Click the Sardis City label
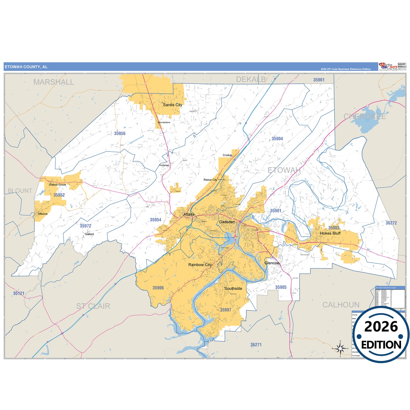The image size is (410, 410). pyautogui.click(x=173, y=105)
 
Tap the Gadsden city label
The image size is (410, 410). pyautogui.click(x=227, y=222)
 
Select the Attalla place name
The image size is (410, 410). pyautogui.click(x=189, y=215)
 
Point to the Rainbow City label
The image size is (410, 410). pyautogui.click(x=200, y=265)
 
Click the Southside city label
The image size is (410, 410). pyautogui.click(x=233, y=289)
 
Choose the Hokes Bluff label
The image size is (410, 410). pyautogui.click(x=330, y=233)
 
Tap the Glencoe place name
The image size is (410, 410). pyautogui.click(x=272, y=263)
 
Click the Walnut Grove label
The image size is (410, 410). pyautogui.click(x=57, y=185)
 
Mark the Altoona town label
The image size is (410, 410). pyautogui.click(x=43, y=214)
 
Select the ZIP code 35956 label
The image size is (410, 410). pyautogui.click(x=120, y=133)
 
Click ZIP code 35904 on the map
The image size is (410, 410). pyautogui.click(x=277, y=139)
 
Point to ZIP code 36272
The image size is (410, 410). pyautogui.click(x=391, y=223)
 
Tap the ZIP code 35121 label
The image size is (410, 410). pyautogui.click(x=19, y=293)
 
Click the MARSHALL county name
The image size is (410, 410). pyautogui.click(x=54, y=82)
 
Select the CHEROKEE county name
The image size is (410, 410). pyautogui.click(x=365, y=117)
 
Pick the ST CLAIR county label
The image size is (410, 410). pyautogui.click(x=93, y=306)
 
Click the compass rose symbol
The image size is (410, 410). pyautogui.click(x=340, y=348)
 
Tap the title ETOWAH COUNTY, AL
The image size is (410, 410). pyautogui.click(x=26, y=67)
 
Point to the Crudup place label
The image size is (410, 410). pyautogui.click(x=227, y=155)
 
